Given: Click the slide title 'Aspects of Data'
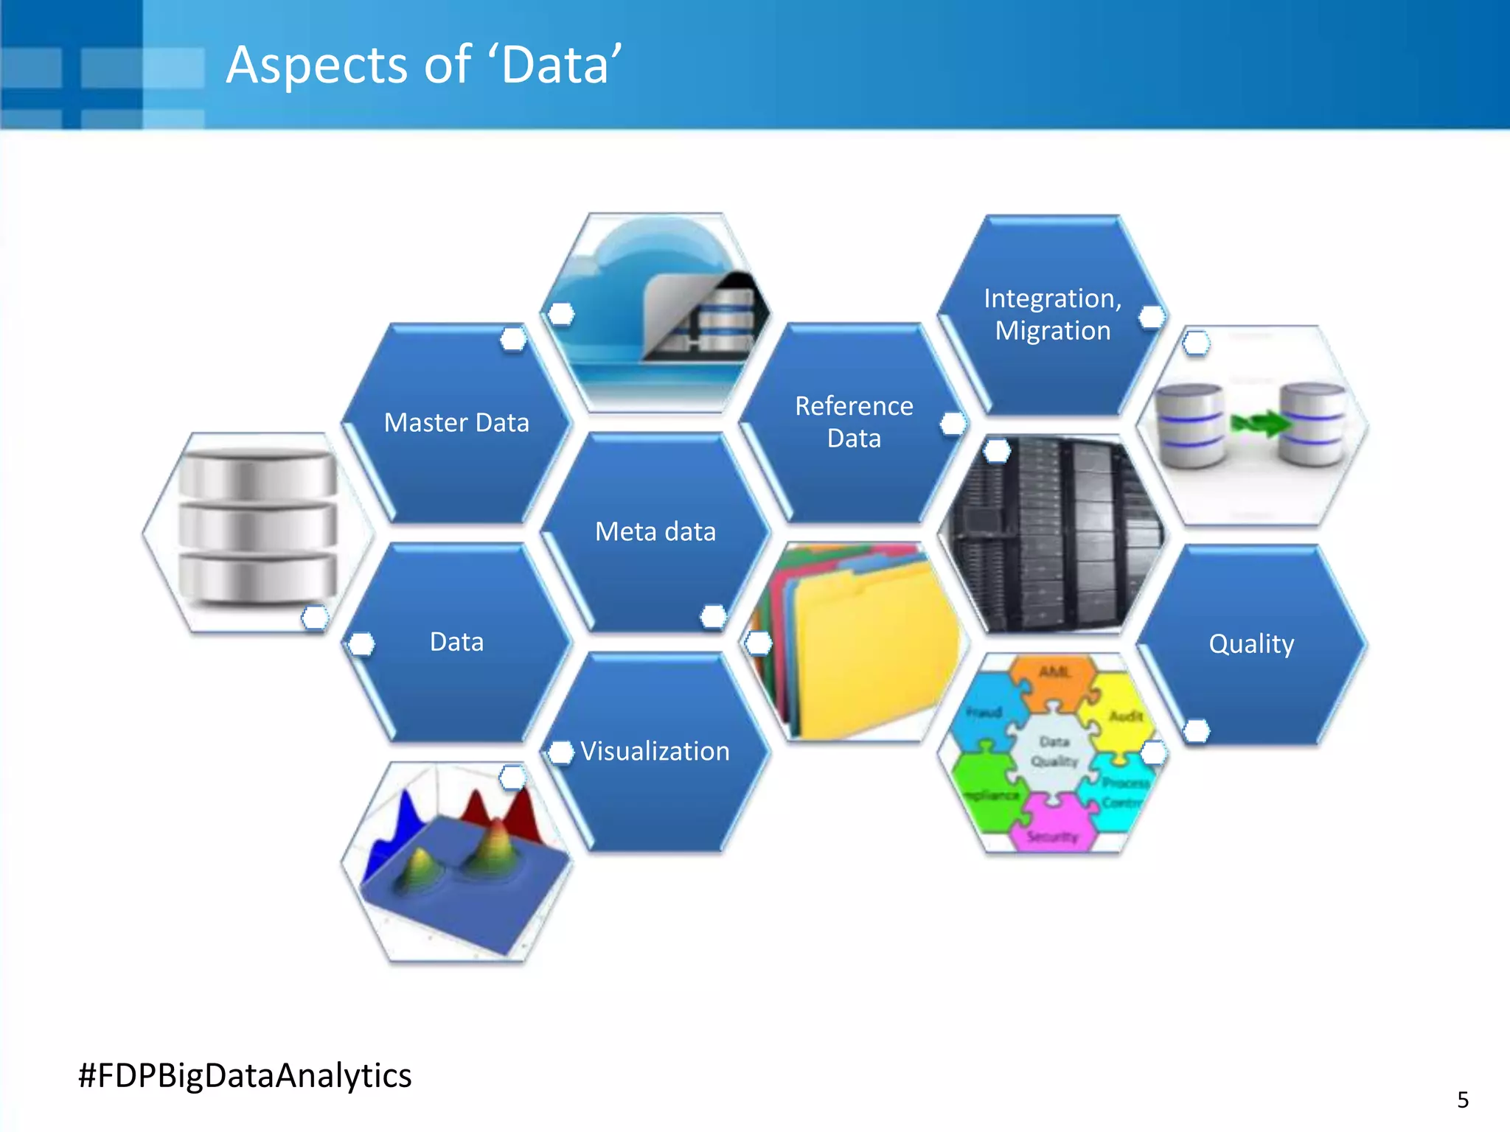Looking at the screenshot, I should [424, 65].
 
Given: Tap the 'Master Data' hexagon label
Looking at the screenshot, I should [456, 423].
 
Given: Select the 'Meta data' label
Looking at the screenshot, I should [655, 531].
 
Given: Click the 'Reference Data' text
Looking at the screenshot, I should [854, 422].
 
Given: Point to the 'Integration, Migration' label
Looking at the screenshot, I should [1052, 315].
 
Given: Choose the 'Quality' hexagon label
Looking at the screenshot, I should [1251, 644].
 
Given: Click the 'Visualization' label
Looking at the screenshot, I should [655, 751].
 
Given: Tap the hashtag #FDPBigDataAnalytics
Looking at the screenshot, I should [245, 1075].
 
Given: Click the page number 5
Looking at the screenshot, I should [1463, 1100].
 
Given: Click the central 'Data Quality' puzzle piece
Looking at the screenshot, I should [1054, 752].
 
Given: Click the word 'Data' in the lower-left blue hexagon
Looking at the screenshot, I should [456, 642].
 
